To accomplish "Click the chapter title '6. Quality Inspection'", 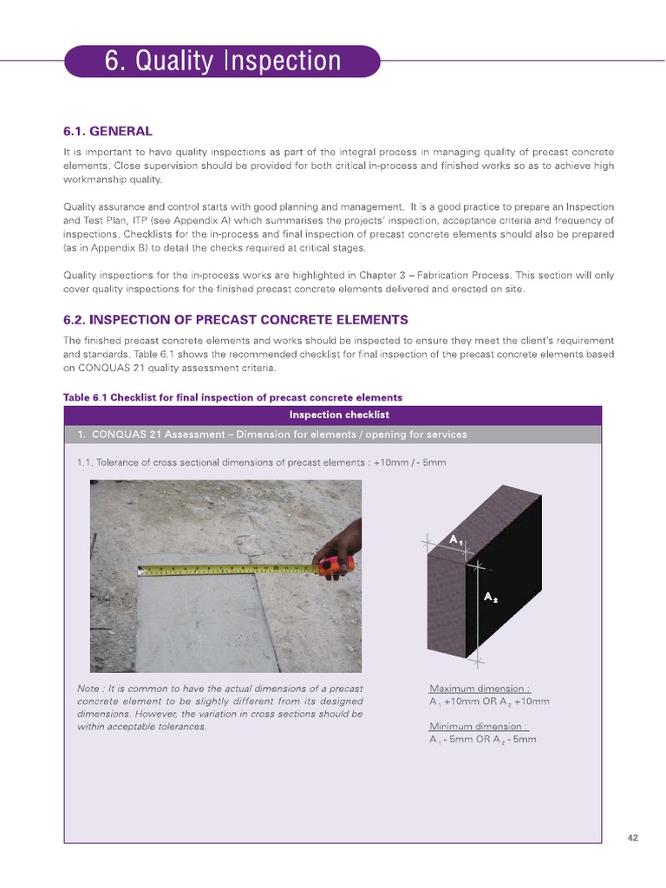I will [222, 62].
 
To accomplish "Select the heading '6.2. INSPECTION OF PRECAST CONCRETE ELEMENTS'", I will [235, 319].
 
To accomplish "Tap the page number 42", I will [632, 837].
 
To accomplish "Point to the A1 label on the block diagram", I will [456, 539].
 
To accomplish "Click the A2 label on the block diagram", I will [490, 597].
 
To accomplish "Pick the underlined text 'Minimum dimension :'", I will [479, 726].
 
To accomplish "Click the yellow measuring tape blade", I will [225, 569].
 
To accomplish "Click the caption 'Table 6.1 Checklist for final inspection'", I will [232, 398].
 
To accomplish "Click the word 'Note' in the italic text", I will [88, 689].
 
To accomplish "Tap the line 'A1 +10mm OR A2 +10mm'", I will [489, 702].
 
